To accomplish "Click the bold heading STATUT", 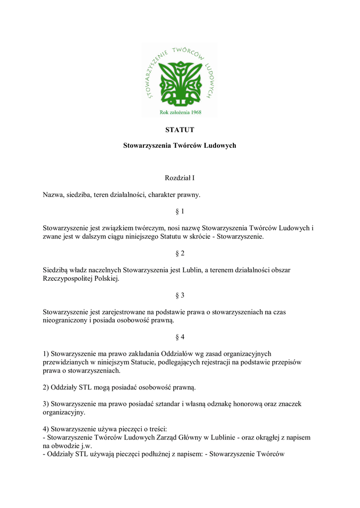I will (x=179, y=130).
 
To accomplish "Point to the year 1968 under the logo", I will (x=199, y=112).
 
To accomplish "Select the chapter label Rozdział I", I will (x=179, y=178).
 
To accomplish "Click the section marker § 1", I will (x=180, y=211).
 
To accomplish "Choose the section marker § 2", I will (x=180, y=253).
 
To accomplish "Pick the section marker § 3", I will (x=180, y=295).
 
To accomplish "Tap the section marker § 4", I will (x=180, y=337).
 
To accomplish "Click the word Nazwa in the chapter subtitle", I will (x=53, y=194).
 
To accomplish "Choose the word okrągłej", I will (x=264, y=438).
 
